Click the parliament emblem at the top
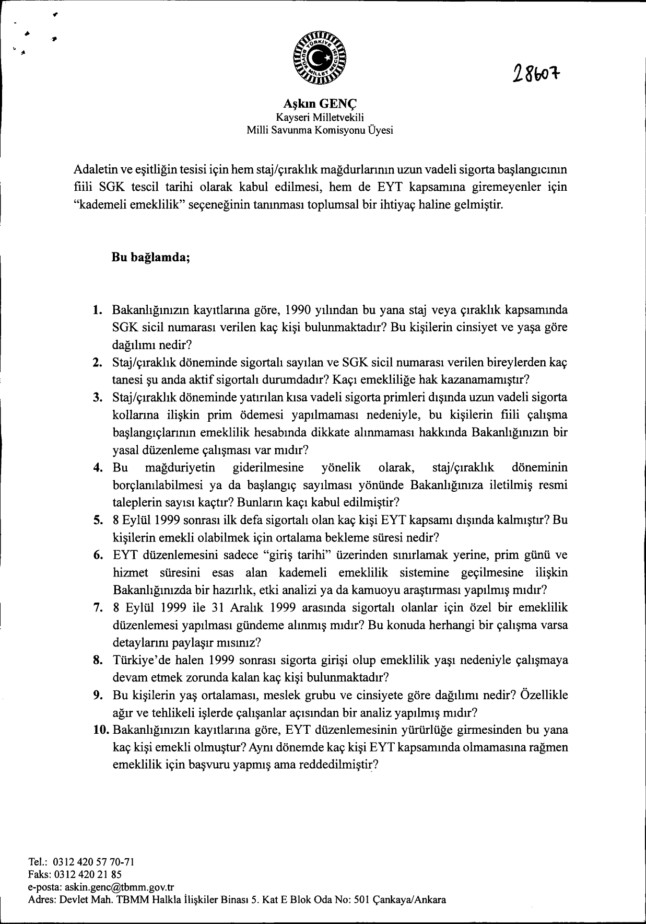tap(320, 60)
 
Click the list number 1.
tap(97, 310)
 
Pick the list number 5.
tap(97, 520)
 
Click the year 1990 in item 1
tap(299, 310)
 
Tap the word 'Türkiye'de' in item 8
tap(138, 660)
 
